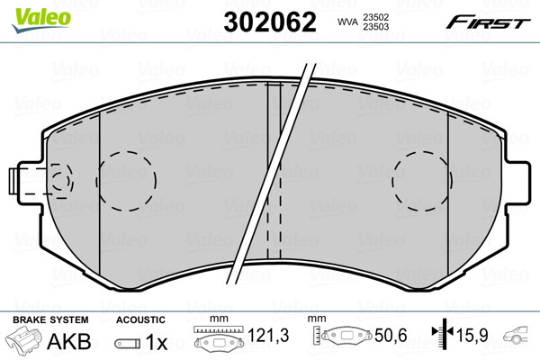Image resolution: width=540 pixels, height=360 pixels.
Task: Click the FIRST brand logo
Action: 492,20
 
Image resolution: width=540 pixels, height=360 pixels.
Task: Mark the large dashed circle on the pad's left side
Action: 127,176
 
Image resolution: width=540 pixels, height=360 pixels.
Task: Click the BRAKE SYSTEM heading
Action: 49,320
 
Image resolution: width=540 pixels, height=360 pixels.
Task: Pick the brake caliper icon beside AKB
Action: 25,342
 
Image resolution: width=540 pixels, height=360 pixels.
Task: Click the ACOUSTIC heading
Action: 140,320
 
